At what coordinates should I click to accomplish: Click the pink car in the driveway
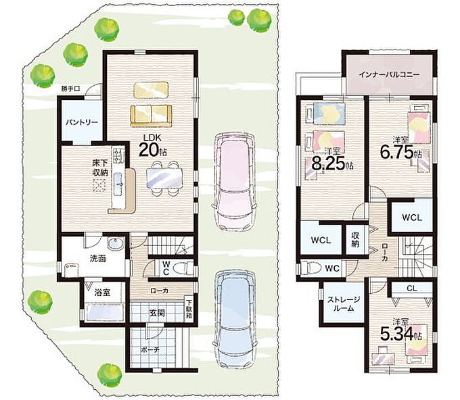pos(234,182)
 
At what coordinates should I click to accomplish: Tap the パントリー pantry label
pos(82,122)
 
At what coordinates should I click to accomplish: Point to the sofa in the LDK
pos(151,116)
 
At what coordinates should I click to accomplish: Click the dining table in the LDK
pos(164,178)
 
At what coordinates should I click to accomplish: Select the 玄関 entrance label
pos(157,313)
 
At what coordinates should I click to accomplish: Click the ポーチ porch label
pos(150,349)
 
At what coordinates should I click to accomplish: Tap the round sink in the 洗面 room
pos(116,244)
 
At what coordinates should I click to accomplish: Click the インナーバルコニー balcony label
pos(389,74)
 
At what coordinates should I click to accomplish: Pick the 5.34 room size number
pos(396,334)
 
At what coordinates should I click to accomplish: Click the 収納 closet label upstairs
pos(355,239)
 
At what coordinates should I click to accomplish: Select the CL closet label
pos(412,289)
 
